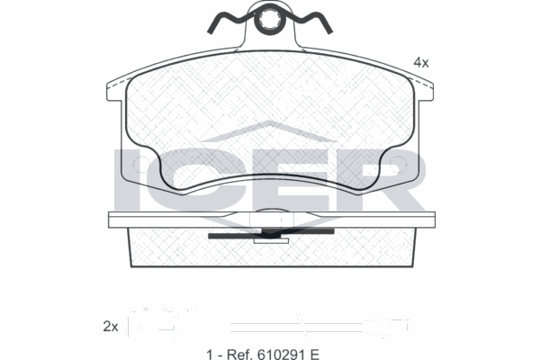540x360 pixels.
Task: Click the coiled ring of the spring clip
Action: point(269,19)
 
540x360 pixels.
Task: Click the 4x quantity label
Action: point(420,62)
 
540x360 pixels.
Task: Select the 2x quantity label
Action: point(111,326)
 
